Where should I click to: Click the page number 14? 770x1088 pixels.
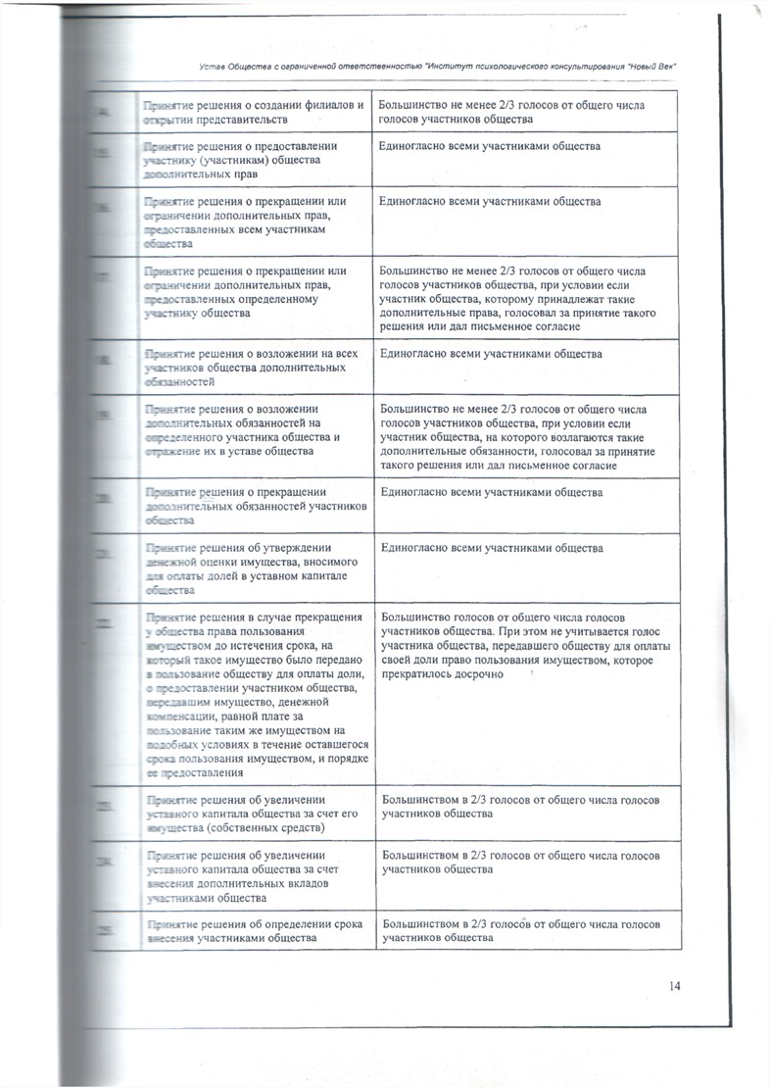click(x=675, y=986)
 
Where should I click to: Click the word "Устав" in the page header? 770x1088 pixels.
click(x=211, y=65)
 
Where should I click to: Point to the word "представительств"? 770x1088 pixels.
click(x=239, y=119)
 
